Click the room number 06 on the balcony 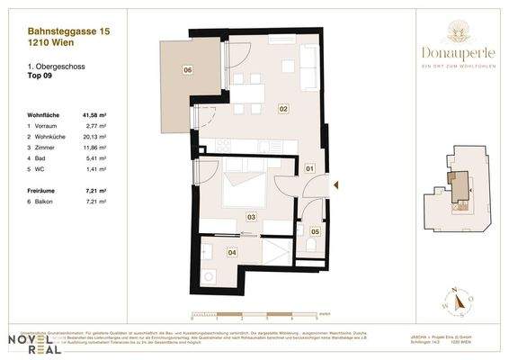click(x=188, y=69)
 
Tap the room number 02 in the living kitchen click(x=282, y=109)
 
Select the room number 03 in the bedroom click(x=251, y=217)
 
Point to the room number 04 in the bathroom click(x=232, y=253)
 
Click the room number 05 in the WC click(x=315, y=231)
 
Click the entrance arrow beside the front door click(x=335, y=184)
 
